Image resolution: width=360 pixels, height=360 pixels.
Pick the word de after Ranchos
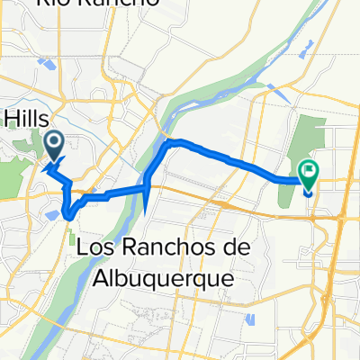coord(224,247)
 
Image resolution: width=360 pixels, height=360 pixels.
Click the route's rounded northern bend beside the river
coord(171,142)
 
